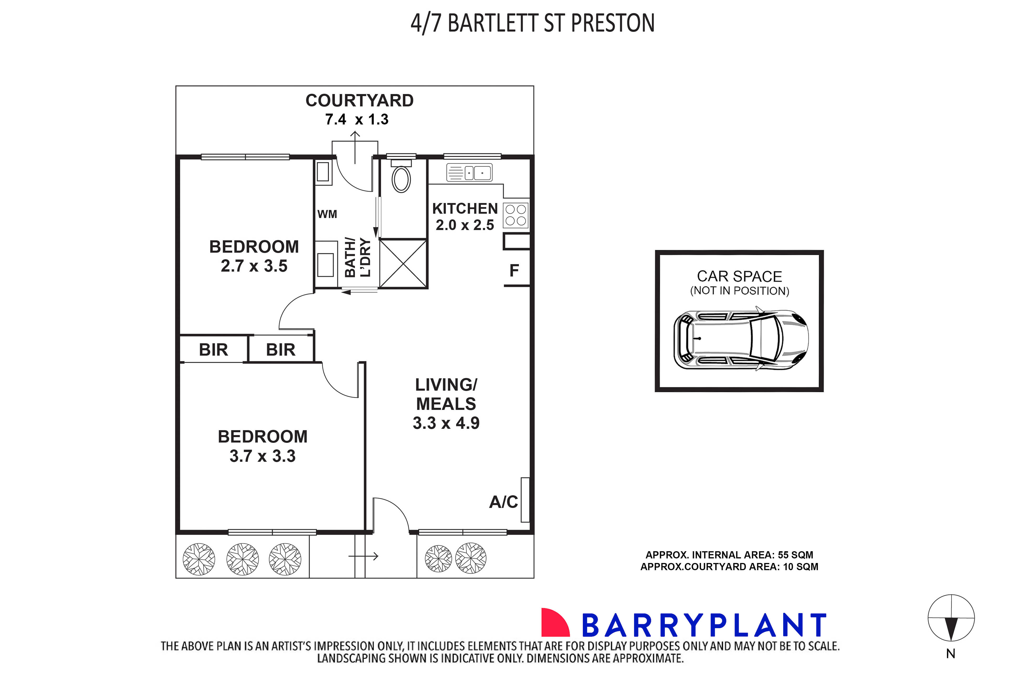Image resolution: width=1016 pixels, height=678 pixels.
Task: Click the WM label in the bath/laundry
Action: [x=327, y=214]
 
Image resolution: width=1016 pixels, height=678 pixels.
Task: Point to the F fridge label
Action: [x=514, y=271]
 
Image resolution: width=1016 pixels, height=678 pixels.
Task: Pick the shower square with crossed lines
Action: [x=403, y=264]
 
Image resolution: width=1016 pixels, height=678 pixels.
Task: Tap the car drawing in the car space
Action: [x=741, y=340]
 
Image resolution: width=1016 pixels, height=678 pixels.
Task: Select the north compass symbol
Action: [x=951, y=618]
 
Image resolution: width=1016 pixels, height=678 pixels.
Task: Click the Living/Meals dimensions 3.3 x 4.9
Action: [x=446, y=423]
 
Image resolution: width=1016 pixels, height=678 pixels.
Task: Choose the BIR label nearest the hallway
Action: [x=281, y=350]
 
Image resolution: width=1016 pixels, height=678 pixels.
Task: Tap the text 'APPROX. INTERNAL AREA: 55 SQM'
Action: [x=729, y=555]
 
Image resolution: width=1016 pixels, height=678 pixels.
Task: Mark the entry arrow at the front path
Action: [x=364, y=556]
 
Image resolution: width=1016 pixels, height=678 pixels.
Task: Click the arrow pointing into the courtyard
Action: [x=355, y=147]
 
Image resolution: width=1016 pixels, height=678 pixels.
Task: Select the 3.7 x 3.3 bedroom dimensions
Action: [x=262, y=456]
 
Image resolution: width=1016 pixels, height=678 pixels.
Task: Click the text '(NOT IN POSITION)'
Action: [x=739, y=291]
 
